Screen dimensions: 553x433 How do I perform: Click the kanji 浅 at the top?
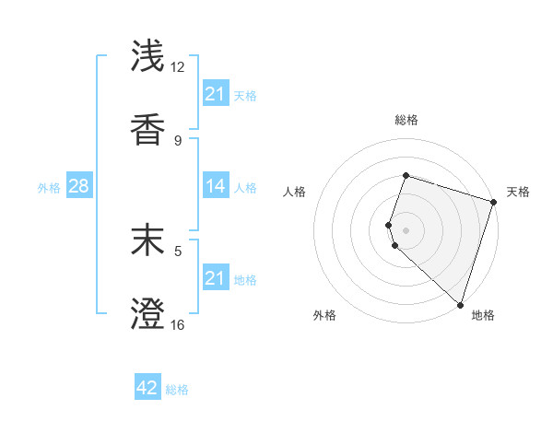tap(147, 55)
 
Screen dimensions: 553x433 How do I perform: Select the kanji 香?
tap(147, 130)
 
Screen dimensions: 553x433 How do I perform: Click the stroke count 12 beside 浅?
tap(178, 66)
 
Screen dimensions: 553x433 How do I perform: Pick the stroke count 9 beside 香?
tap(178, 140)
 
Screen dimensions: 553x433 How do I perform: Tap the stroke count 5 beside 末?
tap(178, 248)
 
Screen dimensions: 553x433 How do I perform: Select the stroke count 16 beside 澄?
tap(178, 324)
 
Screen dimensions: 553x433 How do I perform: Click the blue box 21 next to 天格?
tap(215, 94)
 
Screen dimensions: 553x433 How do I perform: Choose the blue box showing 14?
tap(215, 186)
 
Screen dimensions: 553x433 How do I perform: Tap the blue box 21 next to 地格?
tap(215, 278)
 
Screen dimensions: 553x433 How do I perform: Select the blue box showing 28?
tap(79, 186)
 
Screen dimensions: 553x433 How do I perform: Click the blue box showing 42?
tap(147, 388)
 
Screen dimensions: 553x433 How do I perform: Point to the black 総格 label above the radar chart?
tap(406, 120)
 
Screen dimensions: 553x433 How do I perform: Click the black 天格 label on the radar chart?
tap(518, 192)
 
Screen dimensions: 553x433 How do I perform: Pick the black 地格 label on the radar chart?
tap(483, 315)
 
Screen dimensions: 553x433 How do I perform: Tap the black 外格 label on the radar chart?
tap(324, 315)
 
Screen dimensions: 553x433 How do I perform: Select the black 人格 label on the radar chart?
tap(294, 192)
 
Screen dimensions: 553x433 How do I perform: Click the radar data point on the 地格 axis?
tap(460, 304)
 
